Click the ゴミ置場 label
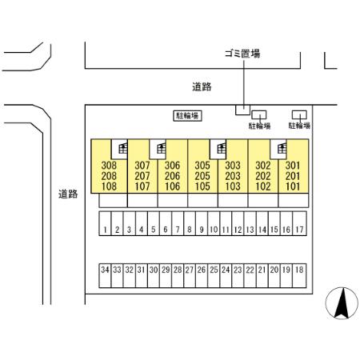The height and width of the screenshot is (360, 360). [x=242, y=54]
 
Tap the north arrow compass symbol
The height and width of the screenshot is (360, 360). [x=342, y=303]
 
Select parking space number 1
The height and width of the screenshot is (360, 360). [x=105, y=223]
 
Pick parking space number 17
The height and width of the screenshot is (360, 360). [x=299, y=223]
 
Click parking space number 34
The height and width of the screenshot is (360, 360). [x=105, y=276]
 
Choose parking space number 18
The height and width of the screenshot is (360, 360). [x=299, y=276]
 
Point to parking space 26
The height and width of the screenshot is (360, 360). [x=202, y=276]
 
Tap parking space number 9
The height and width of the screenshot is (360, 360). [x=202, y=223]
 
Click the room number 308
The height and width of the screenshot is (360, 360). [x=109, y=166]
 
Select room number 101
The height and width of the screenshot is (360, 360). [x=293, y=186]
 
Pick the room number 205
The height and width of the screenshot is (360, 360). [x=202, y=176]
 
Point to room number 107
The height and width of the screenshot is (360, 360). [x=142, y=186]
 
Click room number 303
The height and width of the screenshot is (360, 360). [x=233, y=166]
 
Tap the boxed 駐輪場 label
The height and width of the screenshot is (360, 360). [x=187, y=116]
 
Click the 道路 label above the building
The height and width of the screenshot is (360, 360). [x=202, y=86]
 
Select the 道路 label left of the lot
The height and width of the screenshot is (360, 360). [x=68, y=194]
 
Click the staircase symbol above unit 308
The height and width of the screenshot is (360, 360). [x=122, y=148]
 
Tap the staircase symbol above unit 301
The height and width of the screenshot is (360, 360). [x=282, y=148]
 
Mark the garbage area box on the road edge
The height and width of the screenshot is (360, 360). [x=242, y=110]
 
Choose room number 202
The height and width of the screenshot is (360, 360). [x=263, y=176]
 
